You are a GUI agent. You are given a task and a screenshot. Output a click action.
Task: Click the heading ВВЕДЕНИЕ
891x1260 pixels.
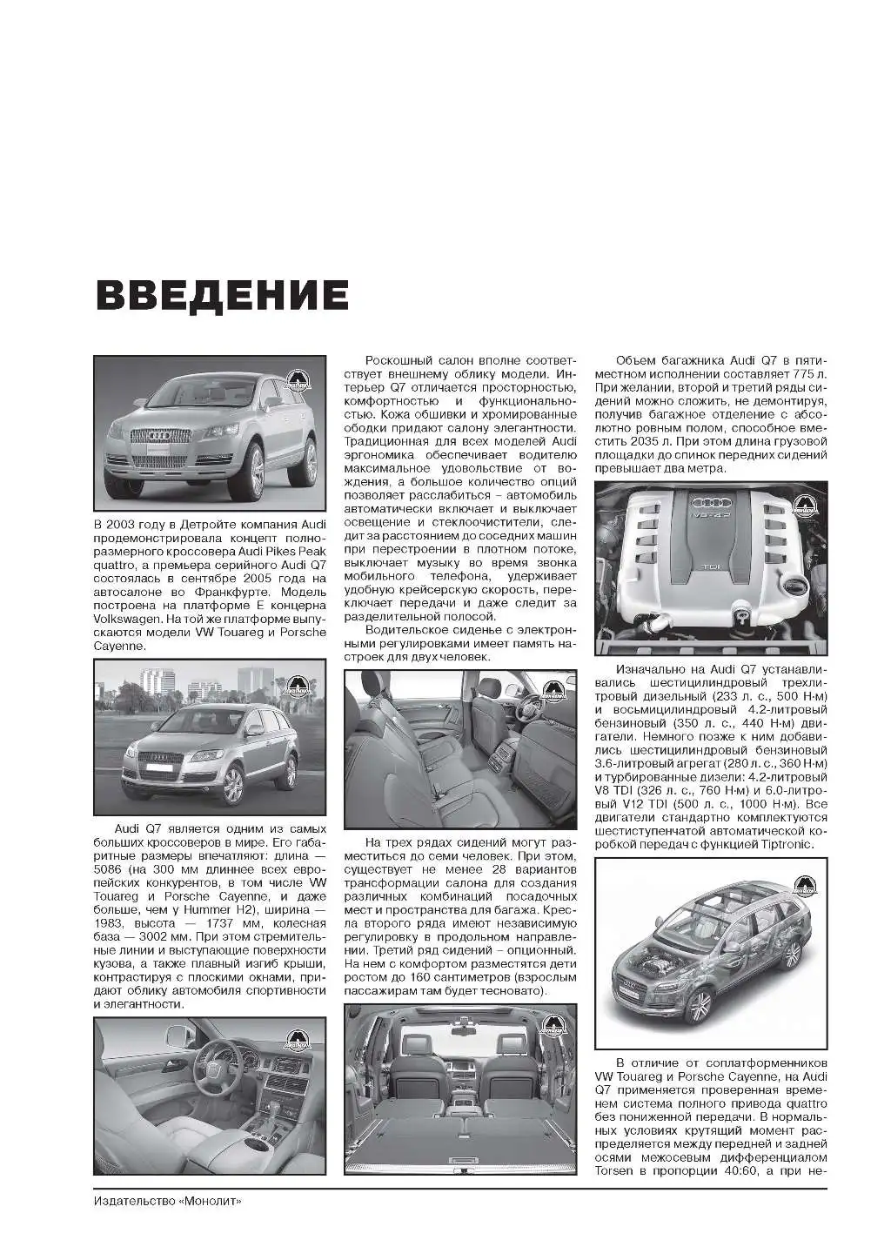coord(223,297)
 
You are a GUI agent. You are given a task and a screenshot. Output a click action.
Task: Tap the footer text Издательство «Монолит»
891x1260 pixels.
coord(167,1201)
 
